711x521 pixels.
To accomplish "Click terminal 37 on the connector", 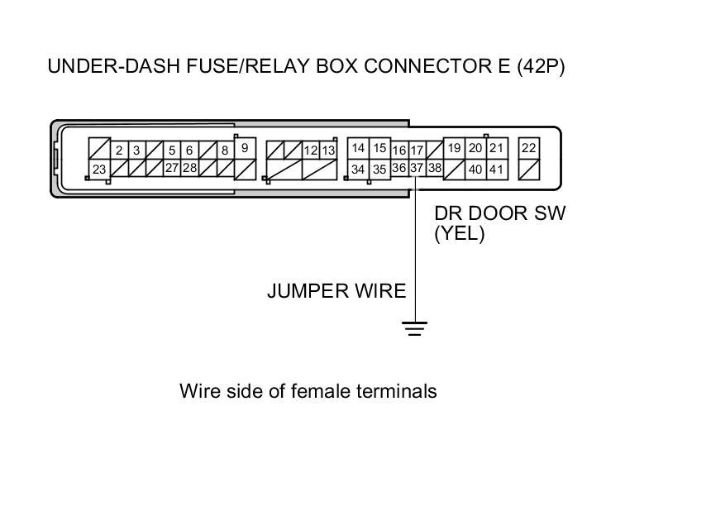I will tap(417, 168).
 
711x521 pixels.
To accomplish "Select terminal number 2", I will tap(119, 151).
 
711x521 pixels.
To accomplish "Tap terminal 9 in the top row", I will tap(246, 147).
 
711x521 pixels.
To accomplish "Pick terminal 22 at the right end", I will tap(529, 148).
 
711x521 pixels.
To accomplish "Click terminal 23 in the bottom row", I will tap(99, 169).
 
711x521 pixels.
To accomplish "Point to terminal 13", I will tap(328, 151).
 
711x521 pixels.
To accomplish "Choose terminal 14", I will tap(358, 148).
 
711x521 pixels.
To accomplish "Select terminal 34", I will tap(358, 169).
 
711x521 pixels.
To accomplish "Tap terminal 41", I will tap(496, 169).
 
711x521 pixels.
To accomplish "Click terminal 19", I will tap(454, 148).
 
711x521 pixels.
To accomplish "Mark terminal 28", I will tap(189, 168).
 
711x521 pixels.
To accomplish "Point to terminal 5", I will tap(172, 151).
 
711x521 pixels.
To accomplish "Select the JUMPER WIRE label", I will tap(336, 291).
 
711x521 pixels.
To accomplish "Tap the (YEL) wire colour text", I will tap(460, 234).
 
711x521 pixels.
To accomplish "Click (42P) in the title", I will tap(541, 67).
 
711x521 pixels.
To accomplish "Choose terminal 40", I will tap(475, 169).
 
